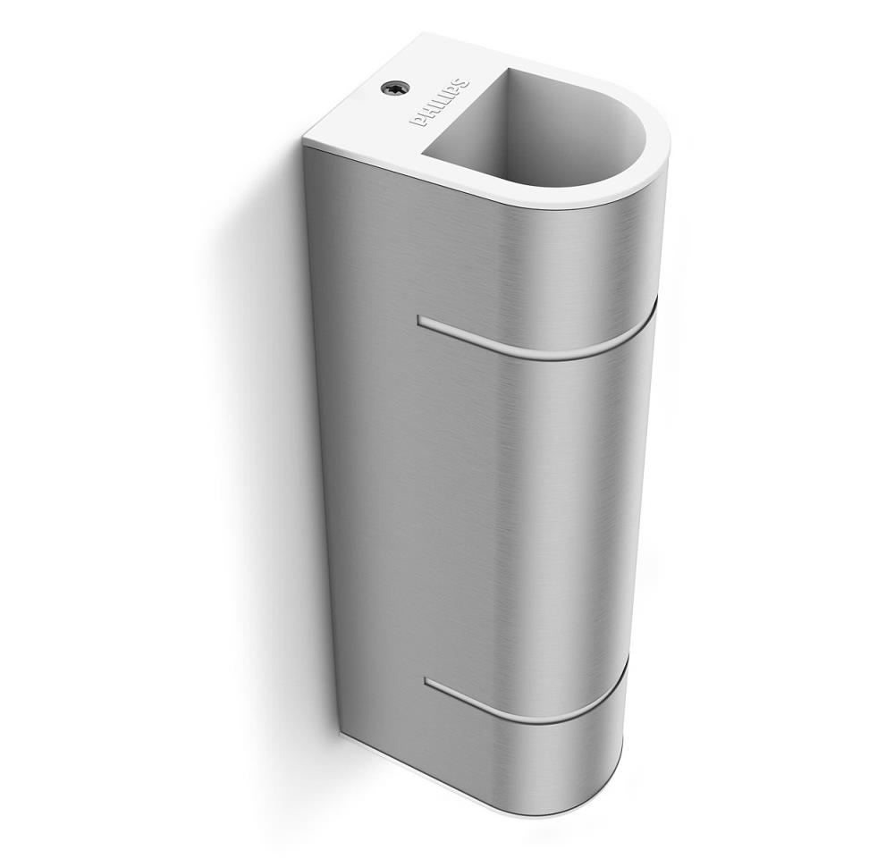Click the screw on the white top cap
[392, 88]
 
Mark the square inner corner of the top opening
[422, 153]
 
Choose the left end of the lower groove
[426, 680]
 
